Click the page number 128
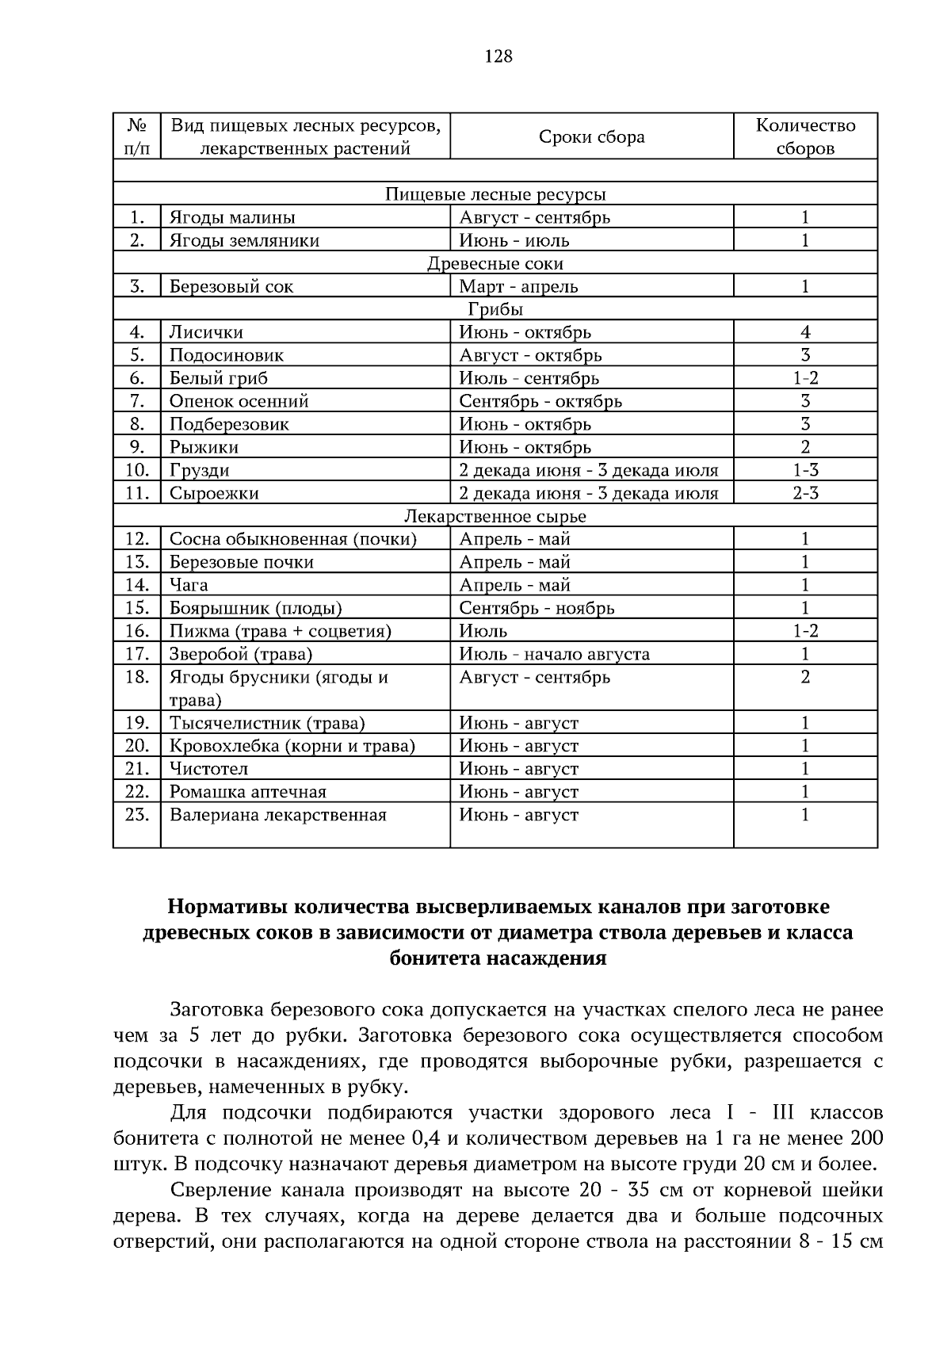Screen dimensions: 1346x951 [498, 56]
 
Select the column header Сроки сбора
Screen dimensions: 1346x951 [591, 137]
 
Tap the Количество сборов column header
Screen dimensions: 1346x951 [805, 137]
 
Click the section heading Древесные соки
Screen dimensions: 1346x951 [495, 263]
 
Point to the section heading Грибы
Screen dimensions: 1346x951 [495, 309]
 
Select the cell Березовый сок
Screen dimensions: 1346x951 [231, 286]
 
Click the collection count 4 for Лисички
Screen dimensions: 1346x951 [805, 332]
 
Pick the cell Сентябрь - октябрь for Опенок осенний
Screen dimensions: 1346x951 [540, 401]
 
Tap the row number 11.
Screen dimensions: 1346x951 [136, 493]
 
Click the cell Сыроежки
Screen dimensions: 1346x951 [214, 493]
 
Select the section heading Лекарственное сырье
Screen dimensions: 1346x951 [495, 516]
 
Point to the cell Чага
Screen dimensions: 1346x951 [189, 585]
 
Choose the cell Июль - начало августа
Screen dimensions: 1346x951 [555, 654]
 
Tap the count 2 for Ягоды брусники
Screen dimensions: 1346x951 [805, 677]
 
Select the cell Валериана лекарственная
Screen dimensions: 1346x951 [277, 815]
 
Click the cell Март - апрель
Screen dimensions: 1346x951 [518, 286]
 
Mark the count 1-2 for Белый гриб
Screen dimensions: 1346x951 [805, 378]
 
